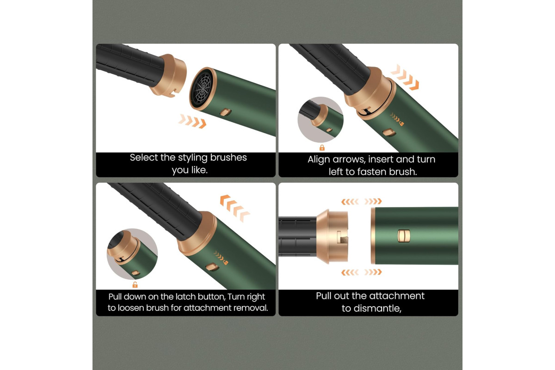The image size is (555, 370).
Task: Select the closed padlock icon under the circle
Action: click(x=322, y=148)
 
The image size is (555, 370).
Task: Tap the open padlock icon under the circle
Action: click(x=135, y=284)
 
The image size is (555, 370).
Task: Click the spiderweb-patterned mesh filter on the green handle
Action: click(x=202, y=88)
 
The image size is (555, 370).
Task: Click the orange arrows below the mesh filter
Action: click(x=192, y=121)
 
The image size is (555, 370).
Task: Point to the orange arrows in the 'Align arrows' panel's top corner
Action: click(x=405, y=77)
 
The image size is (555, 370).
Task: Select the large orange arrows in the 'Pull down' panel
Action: click(x=234, y=208)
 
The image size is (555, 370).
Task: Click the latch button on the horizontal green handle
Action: click(x=404, y=236)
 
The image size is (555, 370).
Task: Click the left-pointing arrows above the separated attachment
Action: click(x=350, y=202)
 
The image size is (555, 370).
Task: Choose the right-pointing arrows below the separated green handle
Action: click(x=373, y=272)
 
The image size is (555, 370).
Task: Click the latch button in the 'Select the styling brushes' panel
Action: click(x=226, y=112)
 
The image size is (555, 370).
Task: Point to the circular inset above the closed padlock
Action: click(x=321, y=120)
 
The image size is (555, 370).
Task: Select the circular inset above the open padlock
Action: click(x=132, y=254)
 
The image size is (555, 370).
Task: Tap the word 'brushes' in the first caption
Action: click(x=228, y=158)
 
